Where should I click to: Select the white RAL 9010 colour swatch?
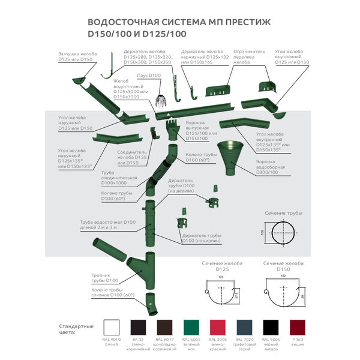112,328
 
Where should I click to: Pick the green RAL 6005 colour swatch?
191,328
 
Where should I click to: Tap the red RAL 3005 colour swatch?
218,328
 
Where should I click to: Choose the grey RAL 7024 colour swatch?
244,328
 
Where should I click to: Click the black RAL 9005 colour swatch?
271,328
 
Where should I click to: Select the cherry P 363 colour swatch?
297,328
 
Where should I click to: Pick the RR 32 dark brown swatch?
139,328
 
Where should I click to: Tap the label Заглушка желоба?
75,56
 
